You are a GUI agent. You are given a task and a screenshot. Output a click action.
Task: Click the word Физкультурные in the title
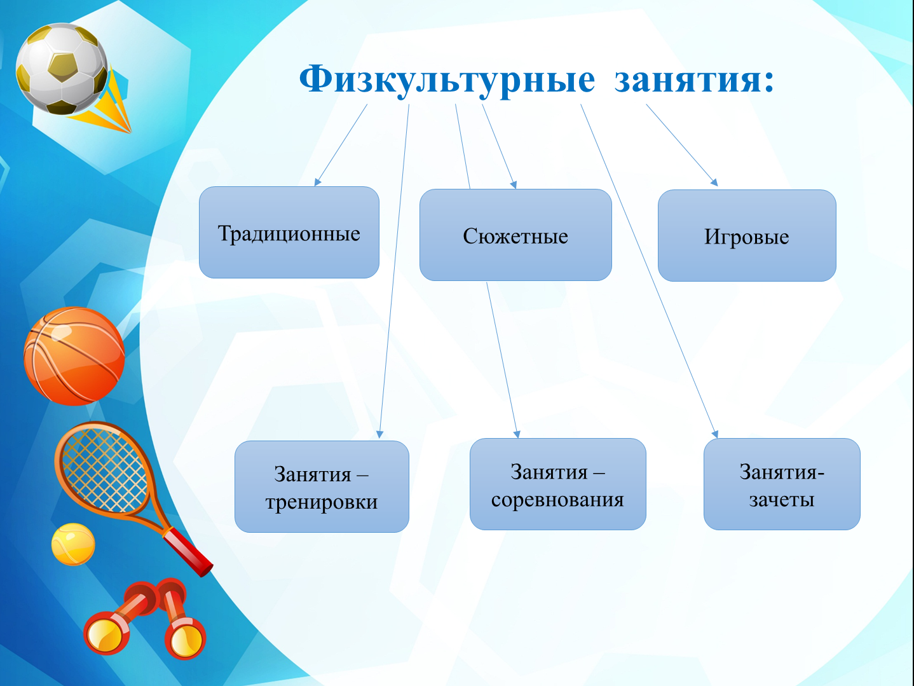point(447,79)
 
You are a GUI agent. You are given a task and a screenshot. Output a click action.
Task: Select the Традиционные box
point(289,233)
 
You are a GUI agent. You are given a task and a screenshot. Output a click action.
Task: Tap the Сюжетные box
point(515,235)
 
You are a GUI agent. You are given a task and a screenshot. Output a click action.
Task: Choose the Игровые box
point(747,236)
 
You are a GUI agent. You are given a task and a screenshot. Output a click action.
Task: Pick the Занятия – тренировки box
point(322,486)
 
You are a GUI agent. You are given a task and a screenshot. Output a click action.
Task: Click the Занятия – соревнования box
point(558,484)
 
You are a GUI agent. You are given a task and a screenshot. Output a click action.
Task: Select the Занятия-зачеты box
point(782,484)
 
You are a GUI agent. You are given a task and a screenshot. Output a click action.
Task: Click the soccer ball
point(62,69)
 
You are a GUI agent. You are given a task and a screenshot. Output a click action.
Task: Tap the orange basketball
point(74,356)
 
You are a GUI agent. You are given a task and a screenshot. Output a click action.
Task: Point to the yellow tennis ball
point(73,544)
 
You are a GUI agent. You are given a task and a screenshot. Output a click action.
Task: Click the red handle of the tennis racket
point(188,552)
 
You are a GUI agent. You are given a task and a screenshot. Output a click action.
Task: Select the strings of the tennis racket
point(103,469)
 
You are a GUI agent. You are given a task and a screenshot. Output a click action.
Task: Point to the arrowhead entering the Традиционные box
point(318,182)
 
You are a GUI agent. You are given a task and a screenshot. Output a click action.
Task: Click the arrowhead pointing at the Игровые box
point(714,182)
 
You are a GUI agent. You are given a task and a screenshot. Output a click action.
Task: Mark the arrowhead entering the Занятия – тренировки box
point(379,434)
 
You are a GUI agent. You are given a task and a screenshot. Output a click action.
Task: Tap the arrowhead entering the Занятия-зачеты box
point(715,434)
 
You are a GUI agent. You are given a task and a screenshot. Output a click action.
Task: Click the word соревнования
point(557,500)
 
